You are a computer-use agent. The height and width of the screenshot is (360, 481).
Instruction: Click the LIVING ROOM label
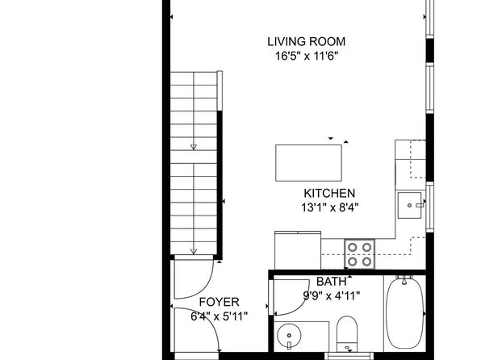coord(306,42)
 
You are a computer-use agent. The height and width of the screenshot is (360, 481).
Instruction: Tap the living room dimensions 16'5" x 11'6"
coord(307,57)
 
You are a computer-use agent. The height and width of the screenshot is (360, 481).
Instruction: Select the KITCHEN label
coord(329,194)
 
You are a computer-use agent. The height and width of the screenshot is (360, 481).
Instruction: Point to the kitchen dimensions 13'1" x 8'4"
coord(330,207)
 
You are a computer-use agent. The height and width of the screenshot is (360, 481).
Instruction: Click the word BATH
coord(332,282)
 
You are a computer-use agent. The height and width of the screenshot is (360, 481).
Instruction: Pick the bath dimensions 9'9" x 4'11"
coord(332,296)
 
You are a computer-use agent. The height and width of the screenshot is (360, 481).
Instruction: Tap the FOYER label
coord(219,302)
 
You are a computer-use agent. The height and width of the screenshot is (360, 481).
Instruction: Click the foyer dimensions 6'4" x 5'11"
coord(219,316)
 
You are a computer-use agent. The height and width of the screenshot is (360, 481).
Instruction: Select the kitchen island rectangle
coord(308,163)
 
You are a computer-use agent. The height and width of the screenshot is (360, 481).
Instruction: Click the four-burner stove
coord(359,254)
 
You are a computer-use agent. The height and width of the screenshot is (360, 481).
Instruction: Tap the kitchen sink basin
coord(409,205)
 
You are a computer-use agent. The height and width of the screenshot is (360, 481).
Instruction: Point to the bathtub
coord(404,312)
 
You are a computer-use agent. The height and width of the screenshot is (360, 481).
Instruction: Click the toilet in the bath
coord(347,334)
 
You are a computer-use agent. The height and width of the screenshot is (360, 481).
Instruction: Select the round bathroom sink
coord(289,336)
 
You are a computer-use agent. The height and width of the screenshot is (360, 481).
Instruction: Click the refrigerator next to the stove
coord(298,250)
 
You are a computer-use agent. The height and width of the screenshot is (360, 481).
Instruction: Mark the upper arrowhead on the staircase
coord(193,147)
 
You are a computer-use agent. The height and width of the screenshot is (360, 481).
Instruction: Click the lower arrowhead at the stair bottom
coord(193,251)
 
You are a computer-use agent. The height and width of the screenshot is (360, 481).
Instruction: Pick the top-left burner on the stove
coord(353,247)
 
